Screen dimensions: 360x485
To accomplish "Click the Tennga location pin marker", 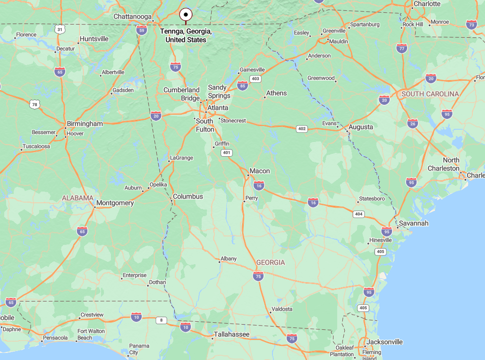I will pyautogui.click(x=186, y=14).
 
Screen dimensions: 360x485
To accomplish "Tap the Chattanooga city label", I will pyautogui.click(x=132, y=17).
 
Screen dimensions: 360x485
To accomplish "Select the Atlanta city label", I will pyautogui.click(x=218, y=108).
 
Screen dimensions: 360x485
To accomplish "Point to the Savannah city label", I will pyautogui.click(x=414, y=223).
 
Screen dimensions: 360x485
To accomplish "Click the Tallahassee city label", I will pyautogui.click(x=231, y=335).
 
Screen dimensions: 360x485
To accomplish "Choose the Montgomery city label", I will pyautogui.click(x=115, y=203).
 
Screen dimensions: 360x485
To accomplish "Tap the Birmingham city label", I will pyautogui.click(x=85, y=124).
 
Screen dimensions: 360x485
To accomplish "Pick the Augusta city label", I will pyautogui.click(x=361, y=127).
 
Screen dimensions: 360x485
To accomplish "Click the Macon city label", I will pyautogui.click(x=260, y=171).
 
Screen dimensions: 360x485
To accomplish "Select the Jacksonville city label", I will pyautogui.click(x=384, y=342).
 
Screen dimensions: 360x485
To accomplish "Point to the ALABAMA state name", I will pyautogui.click(x=77, y=198).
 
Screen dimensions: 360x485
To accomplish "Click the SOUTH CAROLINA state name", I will pyautogui.click(x=430, y=94).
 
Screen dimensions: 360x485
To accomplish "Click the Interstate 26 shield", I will pyautogui.click(x=412, y=124).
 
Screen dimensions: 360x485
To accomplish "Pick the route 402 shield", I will pyautogui.click(x=302, y=128).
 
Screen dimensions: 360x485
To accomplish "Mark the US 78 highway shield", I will pyautogui.click(x=33, y=104).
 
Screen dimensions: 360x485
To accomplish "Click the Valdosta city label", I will pyautogui.click(x=281, y=309).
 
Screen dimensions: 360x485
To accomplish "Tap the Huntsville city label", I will pyautogui.click(x=94, y=39).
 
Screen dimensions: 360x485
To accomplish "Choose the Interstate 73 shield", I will pyautogui.click(x=471, y=25).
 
